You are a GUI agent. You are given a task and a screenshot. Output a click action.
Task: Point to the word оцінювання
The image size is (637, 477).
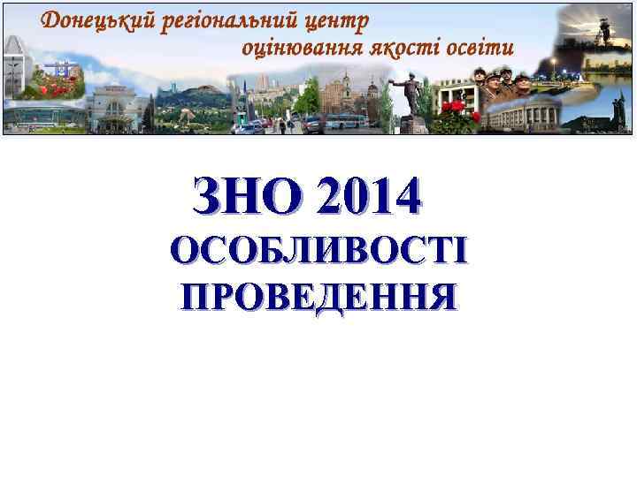point(305,47)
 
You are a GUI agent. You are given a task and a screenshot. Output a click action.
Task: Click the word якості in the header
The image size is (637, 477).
point(411,47)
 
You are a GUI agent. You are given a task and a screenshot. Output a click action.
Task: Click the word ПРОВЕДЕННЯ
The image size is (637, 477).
point(318,296)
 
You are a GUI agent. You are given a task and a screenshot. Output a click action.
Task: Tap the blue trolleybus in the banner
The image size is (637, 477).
point(344,122)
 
